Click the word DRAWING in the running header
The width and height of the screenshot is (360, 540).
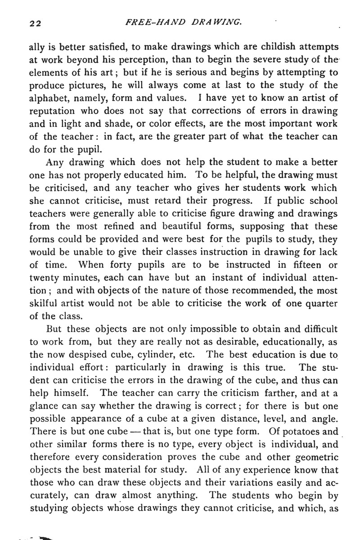coord(216,22)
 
